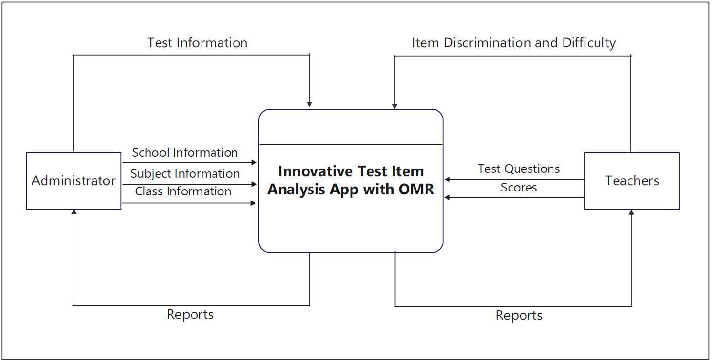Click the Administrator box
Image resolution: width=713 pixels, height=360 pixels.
coord(74,181)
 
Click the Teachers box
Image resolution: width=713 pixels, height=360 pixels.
coord(632,181)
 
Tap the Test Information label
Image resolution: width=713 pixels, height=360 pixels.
coord(197,42)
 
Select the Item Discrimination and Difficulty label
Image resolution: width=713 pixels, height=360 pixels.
coord(514,43)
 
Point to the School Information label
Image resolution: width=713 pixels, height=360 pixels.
coord(185,152)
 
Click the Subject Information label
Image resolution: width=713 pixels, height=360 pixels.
coord(185,173)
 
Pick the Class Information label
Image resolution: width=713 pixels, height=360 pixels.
coord(183,191)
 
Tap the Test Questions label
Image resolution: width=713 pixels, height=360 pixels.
coord(519,169)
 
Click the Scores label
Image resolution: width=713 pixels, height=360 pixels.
coord(519,187)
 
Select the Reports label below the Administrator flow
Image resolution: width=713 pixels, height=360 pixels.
coord(190,315)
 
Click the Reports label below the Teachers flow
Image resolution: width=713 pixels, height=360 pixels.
coord(519,316)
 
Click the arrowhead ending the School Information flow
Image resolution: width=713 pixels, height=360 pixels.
coord(254,163)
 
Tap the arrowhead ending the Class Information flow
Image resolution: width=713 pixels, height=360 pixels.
coord(254,203)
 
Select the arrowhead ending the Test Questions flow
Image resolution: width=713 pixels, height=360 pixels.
coord(447,180)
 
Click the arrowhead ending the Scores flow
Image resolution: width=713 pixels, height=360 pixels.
coord(447,197)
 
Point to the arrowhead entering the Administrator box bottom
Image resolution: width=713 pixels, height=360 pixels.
coord(74,212)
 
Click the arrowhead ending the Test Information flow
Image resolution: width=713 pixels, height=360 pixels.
coord(309,105)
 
